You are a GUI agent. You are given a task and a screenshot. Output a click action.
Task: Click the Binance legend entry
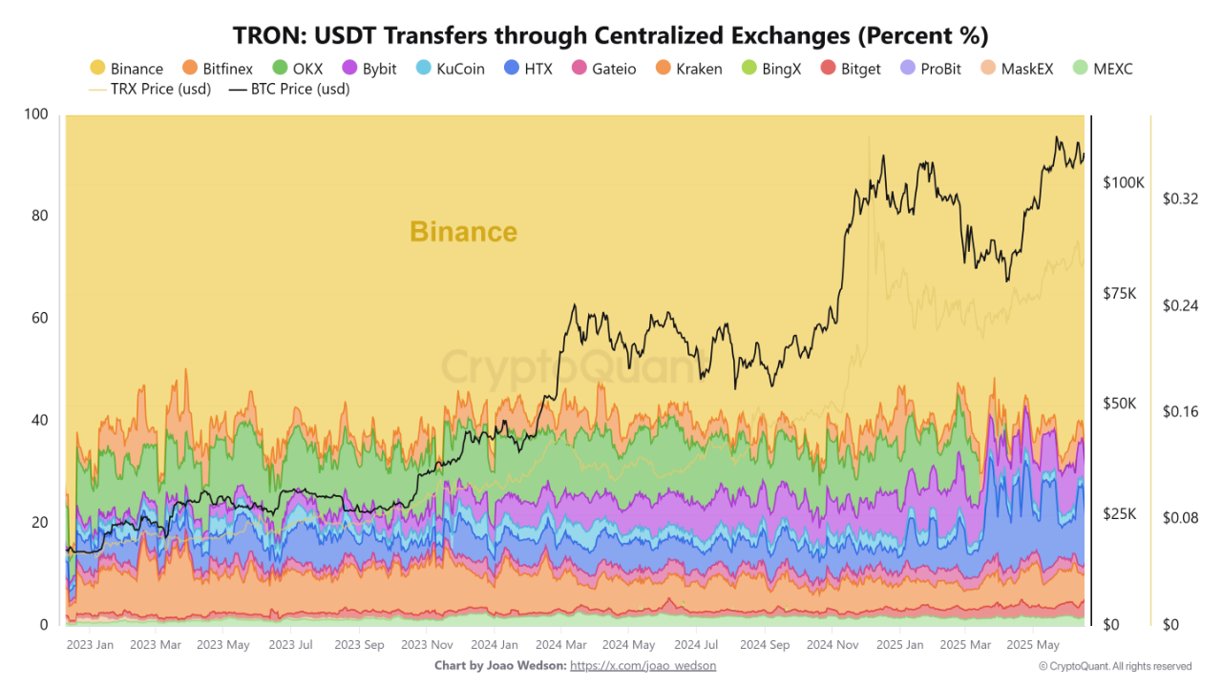click(126, 69)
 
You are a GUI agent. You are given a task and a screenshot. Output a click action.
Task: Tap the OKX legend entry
click(298, 69)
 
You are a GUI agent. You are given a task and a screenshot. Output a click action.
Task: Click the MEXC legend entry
click(1102, 69)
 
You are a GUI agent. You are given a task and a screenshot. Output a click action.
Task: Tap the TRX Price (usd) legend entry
click(153, 90)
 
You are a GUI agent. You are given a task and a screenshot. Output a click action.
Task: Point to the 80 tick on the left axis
click(37, 216)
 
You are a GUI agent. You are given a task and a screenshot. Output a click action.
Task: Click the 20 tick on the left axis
click(37, 522)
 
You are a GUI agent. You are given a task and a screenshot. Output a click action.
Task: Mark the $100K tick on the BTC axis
click(1124, 182)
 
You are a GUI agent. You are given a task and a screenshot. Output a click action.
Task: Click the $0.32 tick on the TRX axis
click(1180, 199)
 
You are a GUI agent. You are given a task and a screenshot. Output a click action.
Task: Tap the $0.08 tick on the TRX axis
click(1180, 518)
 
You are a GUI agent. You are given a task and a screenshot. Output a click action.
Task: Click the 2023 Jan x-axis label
click(90, 645)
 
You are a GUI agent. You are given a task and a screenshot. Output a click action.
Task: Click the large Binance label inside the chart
click(463, 232)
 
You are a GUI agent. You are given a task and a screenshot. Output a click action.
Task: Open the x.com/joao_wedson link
click(643, 665)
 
